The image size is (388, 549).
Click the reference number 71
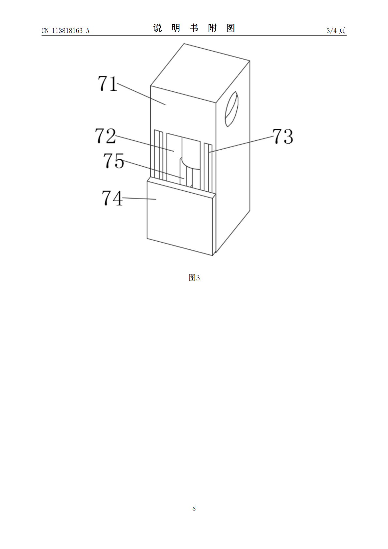107,83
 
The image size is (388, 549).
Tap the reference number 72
105,136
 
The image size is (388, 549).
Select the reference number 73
283,136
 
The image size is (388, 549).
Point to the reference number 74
112,198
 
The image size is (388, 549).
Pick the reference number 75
113,160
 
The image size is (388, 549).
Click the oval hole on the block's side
231,109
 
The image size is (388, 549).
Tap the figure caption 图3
194,277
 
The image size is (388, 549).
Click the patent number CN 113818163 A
66,31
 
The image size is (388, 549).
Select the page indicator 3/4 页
336,30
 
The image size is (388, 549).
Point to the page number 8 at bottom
194,508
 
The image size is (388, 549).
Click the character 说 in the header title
157,28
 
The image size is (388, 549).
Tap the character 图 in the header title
231,28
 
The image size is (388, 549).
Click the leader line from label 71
141,94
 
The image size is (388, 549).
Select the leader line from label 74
139,199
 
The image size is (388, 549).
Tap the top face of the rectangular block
200,73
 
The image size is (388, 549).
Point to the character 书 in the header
194,28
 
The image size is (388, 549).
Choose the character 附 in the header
212,28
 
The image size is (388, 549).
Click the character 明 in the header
176,28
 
